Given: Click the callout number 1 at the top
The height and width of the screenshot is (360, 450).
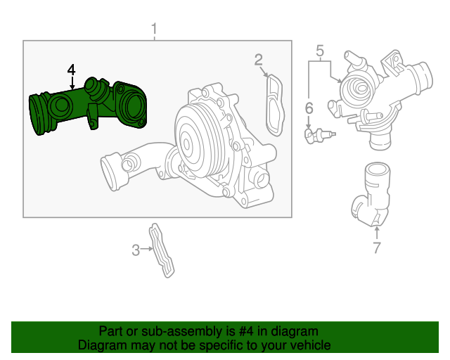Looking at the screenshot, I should [x=155, y=30].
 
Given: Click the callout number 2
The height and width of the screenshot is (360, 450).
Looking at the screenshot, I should [x=259, y=60].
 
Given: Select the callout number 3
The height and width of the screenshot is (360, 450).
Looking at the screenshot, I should [x=136, y=249].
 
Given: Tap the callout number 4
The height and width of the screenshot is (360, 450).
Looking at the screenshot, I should [x=71, y=70].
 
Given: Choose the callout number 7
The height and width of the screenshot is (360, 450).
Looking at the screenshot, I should [x=376, y=247].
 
